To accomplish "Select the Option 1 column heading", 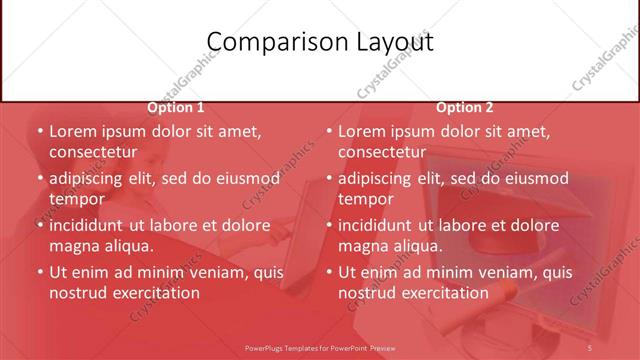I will coord(176,107).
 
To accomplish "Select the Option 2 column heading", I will coord(464,107).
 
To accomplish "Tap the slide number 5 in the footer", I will coord(590,347).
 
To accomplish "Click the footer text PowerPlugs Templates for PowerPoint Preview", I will coord(320,347).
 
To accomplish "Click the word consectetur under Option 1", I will coord(92,152).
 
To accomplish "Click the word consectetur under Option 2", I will coord(382,152).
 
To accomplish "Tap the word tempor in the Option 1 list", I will coord(77,199).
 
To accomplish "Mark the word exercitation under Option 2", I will coord(441,292).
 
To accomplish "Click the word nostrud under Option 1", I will coord(76,292).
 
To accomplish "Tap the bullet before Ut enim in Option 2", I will coord(328,272).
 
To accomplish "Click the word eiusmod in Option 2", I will coord(535,179).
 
